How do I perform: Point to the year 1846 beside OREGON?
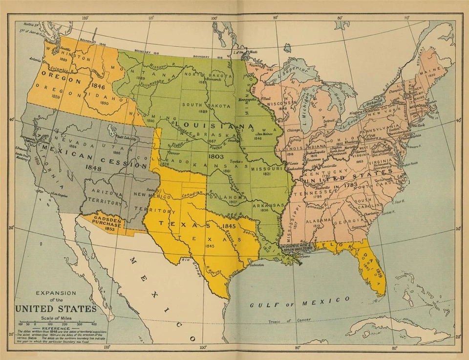pos(98,86)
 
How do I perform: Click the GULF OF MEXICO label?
pos(299,301)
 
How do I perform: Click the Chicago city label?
pos(295,130)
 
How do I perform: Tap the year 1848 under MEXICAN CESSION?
pos(93,167)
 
